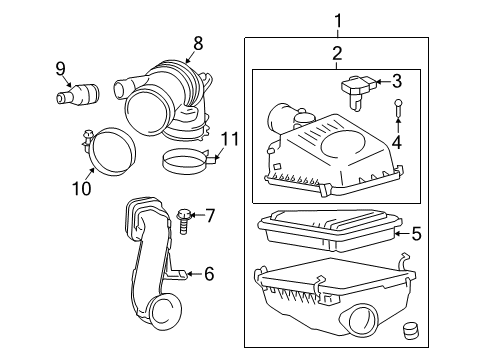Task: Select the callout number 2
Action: pyautogui.click(x=337, y=53)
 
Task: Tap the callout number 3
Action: pyautogui.click(x=397, y=82)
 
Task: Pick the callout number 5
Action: pyautogui.click(x=416, y=235)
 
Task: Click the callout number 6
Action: pyautogui.click(x=208, y=273)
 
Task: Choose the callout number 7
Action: pyautogui.click(x=210, y=215)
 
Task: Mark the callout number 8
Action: pyautogui.click(x=197, y=43)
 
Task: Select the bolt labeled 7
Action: pyautogui.click(x=184, y=217)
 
